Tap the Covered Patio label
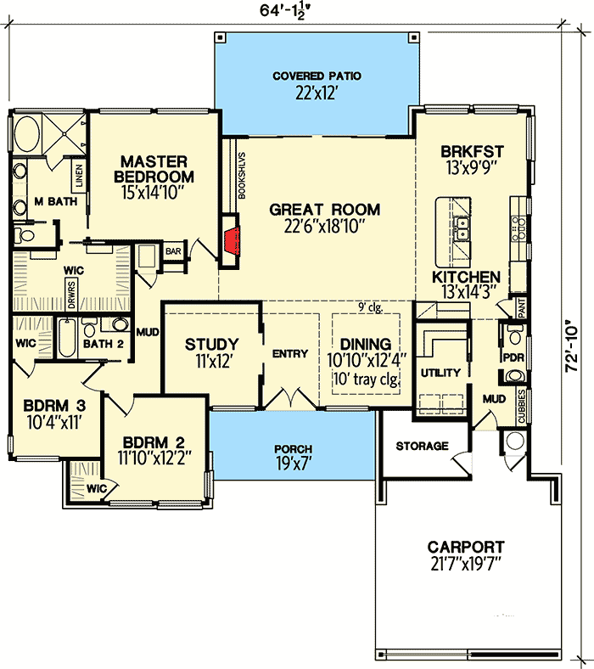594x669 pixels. [317, 76]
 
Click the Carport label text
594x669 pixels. [466, 548]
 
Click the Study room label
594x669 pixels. [211, 344]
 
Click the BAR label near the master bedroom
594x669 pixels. [174, 252]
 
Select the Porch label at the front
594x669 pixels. [294, 449]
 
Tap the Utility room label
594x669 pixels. [440, 373]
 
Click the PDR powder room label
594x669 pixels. [512, 357]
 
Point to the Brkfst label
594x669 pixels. [472, 152]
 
